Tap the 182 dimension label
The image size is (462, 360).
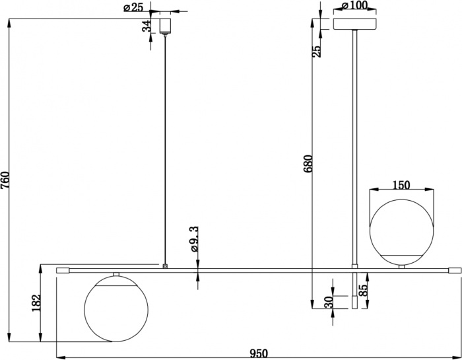[36, 303]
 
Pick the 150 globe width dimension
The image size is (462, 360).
[402, 185]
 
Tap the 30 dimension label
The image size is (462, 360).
[327, 302]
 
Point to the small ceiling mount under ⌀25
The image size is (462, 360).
[165, 26]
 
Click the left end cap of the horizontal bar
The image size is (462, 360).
[63, 270]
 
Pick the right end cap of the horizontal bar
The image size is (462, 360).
[453, 270]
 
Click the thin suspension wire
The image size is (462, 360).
[165, 145]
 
